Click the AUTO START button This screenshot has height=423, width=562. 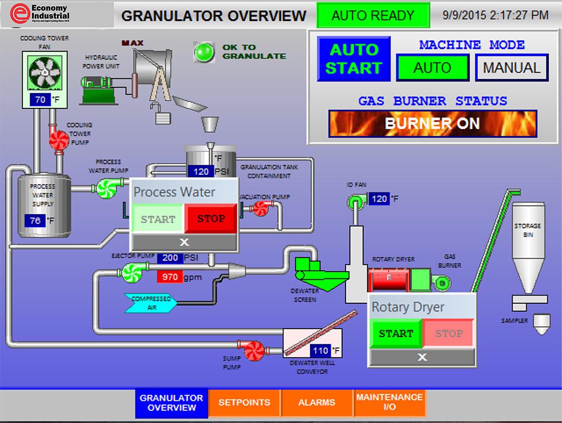pos(354,59)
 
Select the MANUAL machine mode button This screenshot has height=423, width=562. pos(512,67)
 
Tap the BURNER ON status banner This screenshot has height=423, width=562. pos(432,124)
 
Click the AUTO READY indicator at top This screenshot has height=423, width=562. pos(373,15)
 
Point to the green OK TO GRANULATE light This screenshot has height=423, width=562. pos(204,51)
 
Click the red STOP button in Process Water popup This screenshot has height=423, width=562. pos(211,219)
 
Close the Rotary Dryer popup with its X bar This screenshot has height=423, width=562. pos(422,357)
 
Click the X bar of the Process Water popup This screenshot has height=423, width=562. pos(184,242)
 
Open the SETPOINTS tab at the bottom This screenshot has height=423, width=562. pos(244,402)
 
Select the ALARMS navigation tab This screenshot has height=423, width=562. pos(317,402)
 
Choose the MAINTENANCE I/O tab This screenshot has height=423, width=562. pos(389,402)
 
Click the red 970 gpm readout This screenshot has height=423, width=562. pos(170,277)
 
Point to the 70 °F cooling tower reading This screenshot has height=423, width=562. pos(41,100)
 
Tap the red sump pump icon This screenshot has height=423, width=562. pos(254,350)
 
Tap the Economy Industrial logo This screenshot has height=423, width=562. pos(40,14)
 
